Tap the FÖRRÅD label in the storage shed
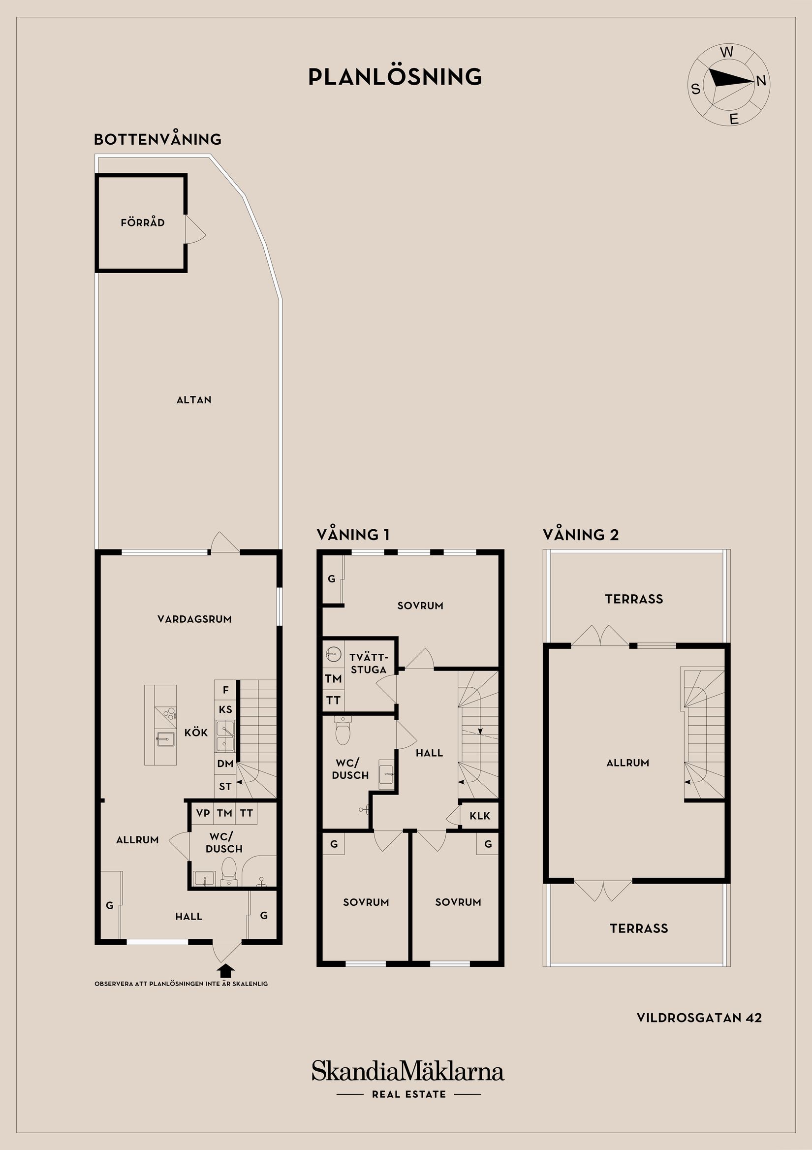pyautogui.click(x=143, y=223)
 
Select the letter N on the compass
pyautogui.click(x=761, y=81)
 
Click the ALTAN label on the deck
pyautogui.click(x=194, y=400)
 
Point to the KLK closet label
pyautogui.click(x=480, y=816)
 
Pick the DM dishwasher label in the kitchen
pyautogui.click(x=225, y=764)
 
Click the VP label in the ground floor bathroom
pyautogui.click(x=203, y=813)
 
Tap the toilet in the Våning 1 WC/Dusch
pyautogui.click(x=343, y=731)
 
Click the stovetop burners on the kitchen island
pyautogui.click(x=169, y=713)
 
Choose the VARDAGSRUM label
pyautogui.click(x=195, y=619)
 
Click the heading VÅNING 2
pyautogui.click(x=581, y=535)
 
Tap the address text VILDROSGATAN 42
pyautogui.click(x=699, y=1018)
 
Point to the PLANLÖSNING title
pyautogui.click(x=395, y=77)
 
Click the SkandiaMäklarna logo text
pyautogui.click(x=407, y=1071)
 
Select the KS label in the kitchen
pyautogui.click(x=225, y=709)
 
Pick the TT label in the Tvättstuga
pyautogui.click(x=333, y=701)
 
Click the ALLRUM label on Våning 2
pyautogui.click(x=628, y=763)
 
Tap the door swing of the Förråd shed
pyautogui.click(x=195, y=230)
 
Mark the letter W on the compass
pyautogui.click(x=727, y=52)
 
